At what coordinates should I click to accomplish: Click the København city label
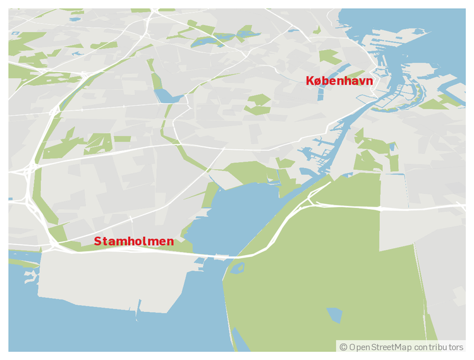339,81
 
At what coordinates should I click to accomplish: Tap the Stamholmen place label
133,241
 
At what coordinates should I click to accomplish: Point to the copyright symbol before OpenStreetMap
343,347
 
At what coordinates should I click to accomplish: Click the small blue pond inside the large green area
334,315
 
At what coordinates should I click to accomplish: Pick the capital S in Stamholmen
98,241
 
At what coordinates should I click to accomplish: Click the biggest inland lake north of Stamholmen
166,95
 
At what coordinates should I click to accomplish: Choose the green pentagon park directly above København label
330,57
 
